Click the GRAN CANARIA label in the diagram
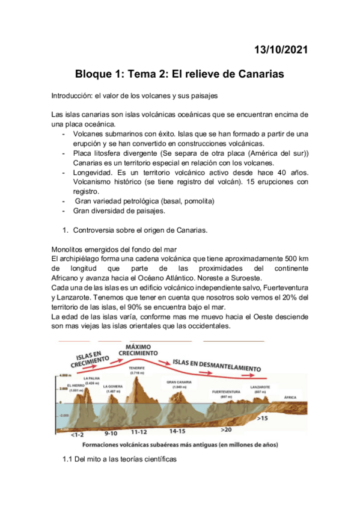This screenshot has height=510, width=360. pos(180,381)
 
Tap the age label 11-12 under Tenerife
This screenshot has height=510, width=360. pos(139,432)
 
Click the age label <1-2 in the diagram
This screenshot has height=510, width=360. pos(77,434)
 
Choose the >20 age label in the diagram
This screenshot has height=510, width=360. pos(225,431)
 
